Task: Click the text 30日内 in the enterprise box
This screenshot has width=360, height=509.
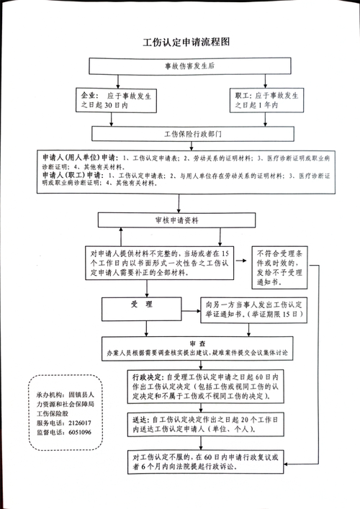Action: tap(115, 106)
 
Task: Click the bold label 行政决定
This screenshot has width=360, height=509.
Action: tap(148, 376)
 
